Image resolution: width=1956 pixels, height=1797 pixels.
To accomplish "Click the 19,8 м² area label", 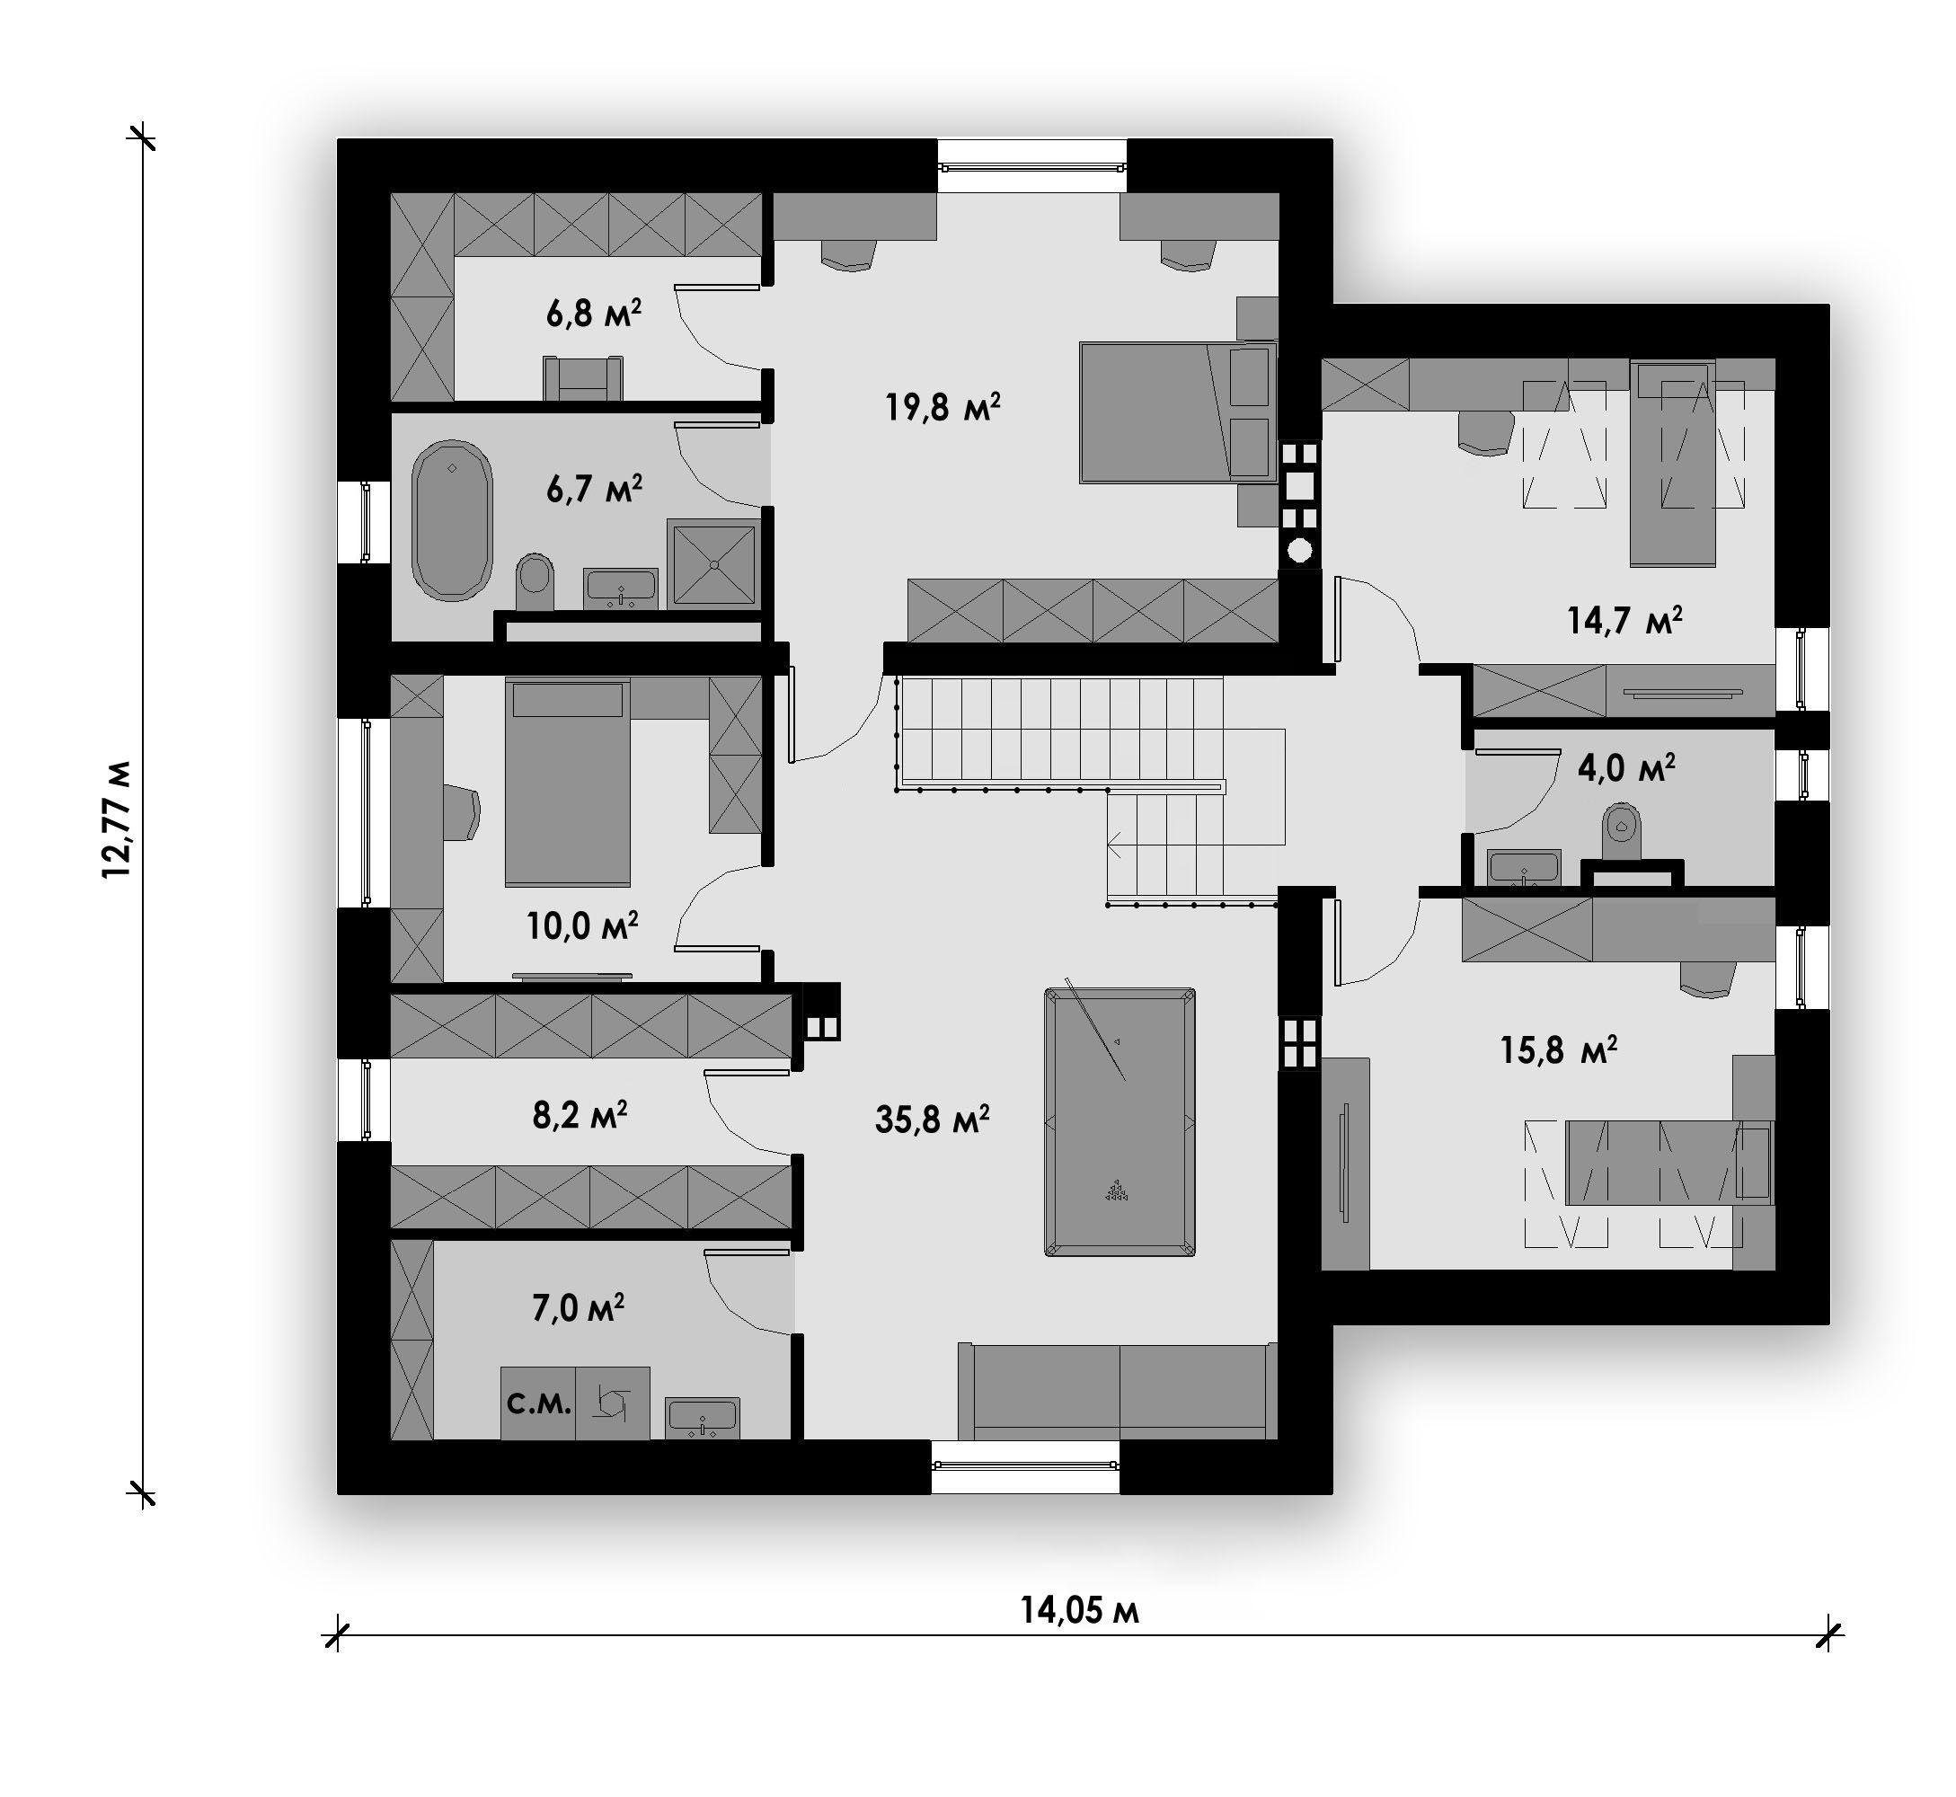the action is coord(942,406).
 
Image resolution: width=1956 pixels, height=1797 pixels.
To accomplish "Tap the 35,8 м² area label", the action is coord(932,1120).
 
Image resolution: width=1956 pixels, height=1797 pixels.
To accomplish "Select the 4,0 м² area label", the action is coord(1625,767).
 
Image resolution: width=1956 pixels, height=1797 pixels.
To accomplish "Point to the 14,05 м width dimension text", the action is coord(1079,1610).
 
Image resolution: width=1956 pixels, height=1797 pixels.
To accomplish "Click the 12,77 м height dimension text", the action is coord(117,819).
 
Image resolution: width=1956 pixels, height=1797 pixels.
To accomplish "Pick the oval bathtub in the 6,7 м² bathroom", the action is coord(452,520).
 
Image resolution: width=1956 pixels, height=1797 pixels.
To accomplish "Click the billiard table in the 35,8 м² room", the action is coord(1120,1122).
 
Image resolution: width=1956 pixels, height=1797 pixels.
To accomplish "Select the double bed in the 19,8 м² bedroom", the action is coord(1178,412).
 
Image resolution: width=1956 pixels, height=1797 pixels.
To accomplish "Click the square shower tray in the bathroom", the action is coord(713,563).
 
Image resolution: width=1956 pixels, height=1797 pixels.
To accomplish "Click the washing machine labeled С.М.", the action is coord(537,1403).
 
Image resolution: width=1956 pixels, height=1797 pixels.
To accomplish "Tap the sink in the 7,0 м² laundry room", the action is coord(702,1418).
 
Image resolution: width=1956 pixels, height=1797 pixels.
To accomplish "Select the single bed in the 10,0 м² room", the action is coord(567,783).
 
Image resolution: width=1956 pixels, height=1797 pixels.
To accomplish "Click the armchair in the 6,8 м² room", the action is coord(583,378).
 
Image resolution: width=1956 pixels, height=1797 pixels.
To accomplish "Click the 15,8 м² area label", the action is coord(1558,1049).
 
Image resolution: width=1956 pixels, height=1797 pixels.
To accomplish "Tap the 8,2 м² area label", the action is coord(580,1114).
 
